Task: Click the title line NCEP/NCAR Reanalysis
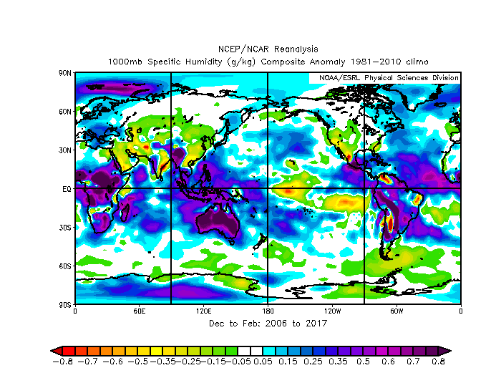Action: point(267,49)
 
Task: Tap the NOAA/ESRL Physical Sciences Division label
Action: point(384,77)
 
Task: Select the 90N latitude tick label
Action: point(65,73)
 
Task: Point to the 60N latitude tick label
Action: point(65,112)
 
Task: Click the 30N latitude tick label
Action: point(65,150)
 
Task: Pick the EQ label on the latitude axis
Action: point(67,189)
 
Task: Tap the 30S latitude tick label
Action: point(65,228)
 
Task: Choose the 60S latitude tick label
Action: point(65,266)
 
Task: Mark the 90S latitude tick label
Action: point(65,304)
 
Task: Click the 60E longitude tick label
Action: point(139,311)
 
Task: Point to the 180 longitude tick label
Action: point(267,311)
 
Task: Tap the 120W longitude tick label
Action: point(331,311)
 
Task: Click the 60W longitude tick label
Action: point(396,311)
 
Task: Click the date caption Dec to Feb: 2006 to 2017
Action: point(267,324)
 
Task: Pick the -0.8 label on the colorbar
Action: point(63,362)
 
